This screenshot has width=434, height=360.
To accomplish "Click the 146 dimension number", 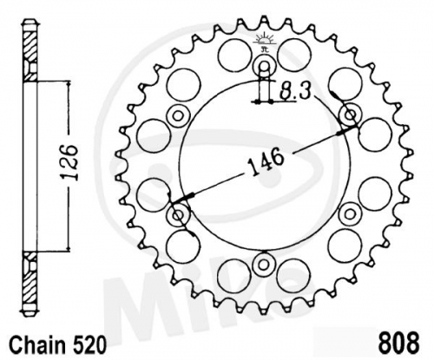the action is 266,161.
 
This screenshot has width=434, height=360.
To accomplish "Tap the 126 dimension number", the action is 69,162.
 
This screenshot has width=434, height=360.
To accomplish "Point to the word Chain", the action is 36,345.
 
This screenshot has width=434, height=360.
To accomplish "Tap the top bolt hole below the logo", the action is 264,66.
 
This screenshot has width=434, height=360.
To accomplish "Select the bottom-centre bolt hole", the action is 263,265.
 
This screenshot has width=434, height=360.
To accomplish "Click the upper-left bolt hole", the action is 178,116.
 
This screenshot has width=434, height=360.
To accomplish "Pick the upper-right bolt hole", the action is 351,115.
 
